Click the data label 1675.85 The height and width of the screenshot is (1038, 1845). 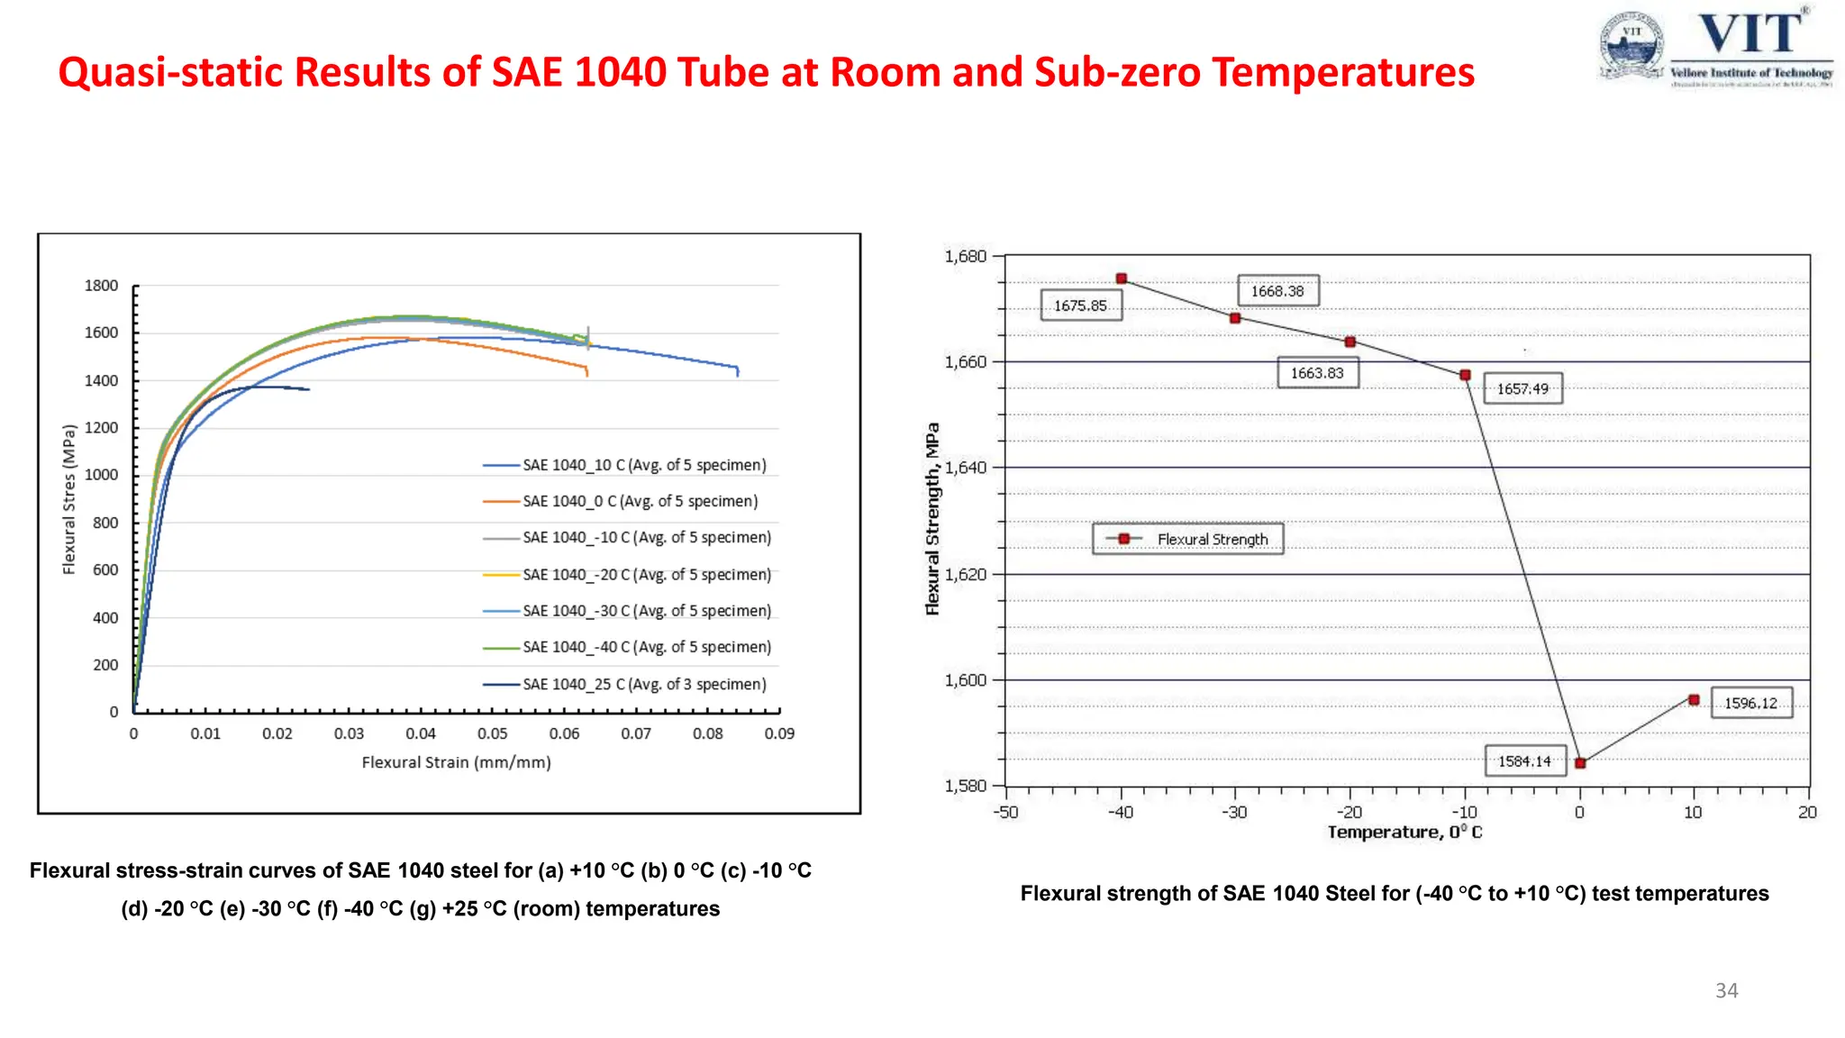[1080, 305]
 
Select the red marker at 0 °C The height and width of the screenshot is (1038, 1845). [1580, 763]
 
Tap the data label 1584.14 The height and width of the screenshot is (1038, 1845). [1524, 761]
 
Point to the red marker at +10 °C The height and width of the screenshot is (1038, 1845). [1694, 700]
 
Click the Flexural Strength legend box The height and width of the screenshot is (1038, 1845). [1188, 539]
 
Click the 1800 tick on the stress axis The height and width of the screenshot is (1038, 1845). [101, 286]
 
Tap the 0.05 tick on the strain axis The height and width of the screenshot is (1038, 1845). [492, 733]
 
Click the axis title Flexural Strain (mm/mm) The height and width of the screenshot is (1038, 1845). [456, 762]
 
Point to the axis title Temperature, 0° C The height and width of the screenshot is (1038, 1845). [1404, 833]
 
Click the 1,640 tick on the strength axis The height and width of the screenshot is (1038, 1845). [966, 468]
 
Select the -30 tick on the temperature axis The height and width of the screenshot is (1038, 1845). [1234, 812]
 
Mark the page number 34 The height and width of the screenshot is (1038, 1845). [1726, 990]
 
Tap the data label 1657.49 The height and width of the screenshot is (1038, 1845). [1522, 389]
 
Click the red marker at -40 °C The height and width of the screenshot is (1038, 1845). [1122, 279]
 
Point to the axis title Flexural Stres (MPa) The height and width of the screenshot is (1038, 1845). [69, 499]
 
